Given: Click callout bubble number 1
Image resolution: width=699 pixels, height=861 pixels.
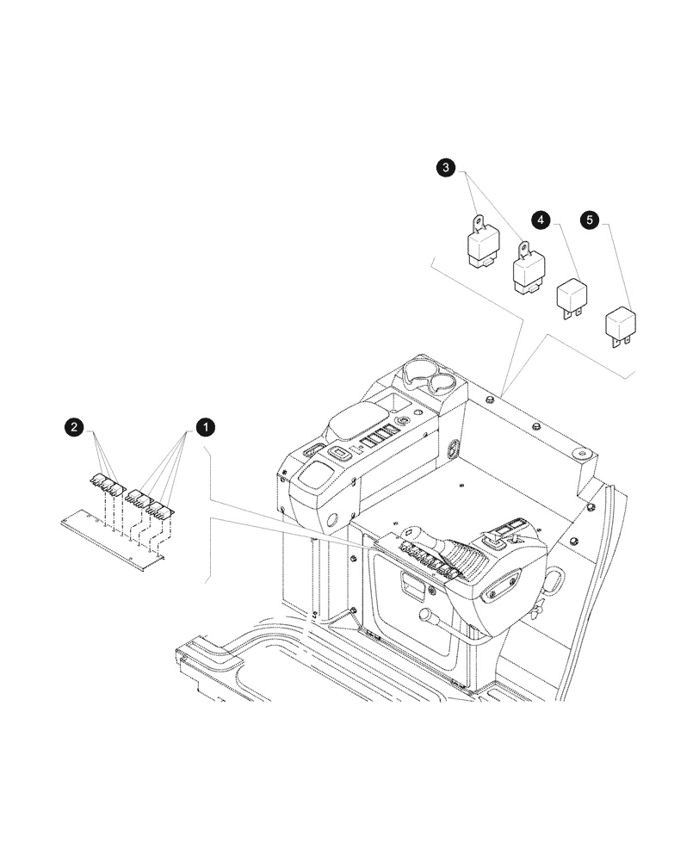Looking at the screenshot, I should [x=206, y=425].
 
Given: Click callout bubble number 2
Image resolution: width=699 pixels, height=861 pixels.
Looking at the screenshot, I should [x=75, y=425].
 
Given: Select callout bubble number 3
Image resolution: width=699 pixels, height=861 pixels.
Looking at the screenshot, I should [x=445, y=168].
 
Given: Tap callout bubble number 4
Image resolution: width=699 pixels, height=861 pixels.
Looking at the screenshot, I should [x=540, y=220].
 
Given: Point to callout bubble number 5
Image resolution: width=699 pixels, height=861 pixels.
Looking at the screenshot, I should [x=590, y=220].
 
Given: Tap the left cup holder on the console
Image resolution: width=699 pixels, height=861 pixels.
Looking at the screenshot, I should [x=417, y=376].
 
